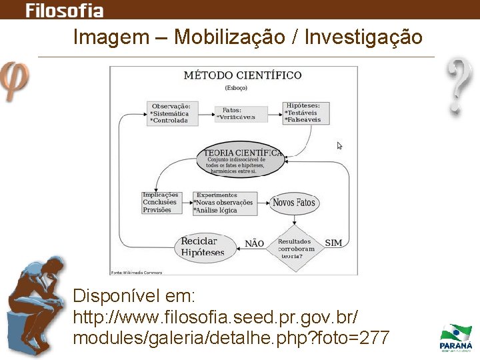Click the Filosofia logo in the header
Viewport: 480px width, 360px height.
[64, 10]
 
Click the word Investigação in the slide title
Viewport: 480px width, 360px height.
[363, 37]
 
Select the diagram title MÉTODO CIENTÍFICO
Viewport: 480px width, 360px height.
[242, 75]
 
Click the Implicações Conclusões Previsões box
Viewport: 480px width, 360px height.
[160, 203]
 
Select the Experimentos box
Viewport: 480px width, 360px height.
[224, 203]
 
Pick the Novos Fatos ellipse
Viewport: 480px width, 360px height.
[293, 203]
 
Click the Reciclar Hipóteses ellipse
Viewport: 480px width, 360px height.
[202, 247]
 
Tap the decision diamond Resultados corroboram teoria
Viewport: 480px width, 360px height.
[295, 249]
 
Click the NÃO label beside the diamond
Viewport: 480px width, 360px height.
[254, 244]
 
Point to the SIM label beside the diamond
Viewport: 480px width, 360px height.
[333, 243]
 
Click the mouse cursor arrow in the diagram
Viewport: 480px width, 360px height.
[339, 145]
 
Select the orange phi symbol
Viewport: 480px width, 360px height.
[15, 80]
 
